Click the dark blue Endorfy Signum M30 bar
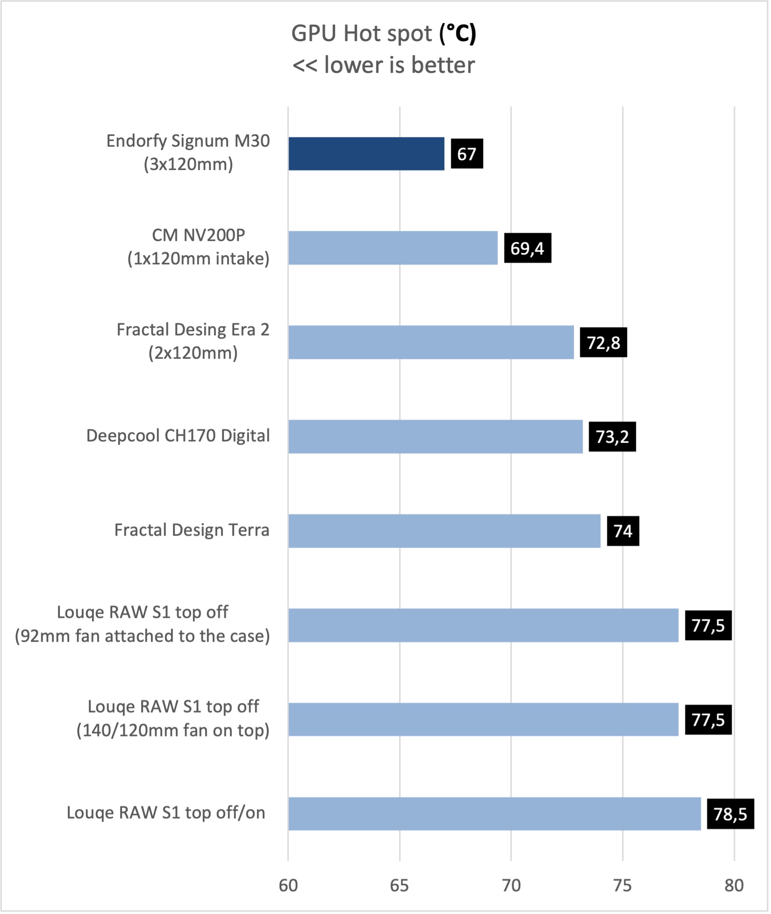pyautogui.click(x=367, y=154)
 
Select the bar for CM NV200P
pyautogui.click(x=393, y=248)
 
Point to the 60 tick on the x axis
pyautogui.click(x=289, y=886)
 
